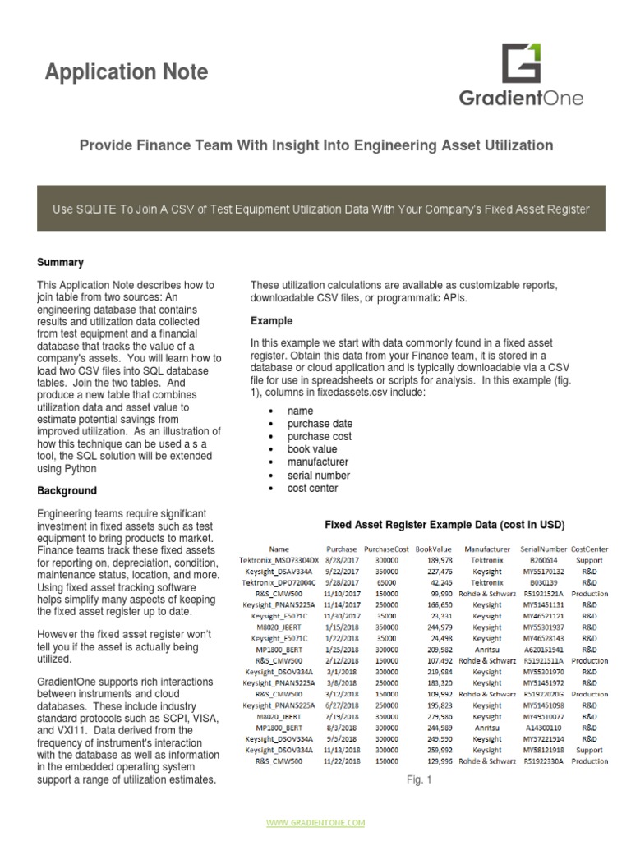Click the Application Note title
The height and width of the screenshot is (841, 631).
pyautogui.click(x=127, y=72)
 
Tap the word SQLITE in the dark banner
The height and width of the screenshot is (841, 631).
pyautogui.click(x=99, y=209)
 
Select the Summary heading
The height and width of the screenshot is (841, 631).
pyautogui.click(x=60, y=263)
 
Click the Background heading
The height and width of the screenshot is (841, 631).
pyautogui.click(x=67, y=491)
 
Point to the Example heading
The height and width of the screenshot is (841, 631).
pyautogui.click(x=271, y=320)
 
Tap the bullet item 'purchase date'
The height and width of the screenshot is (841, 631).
pyautogui.click(x=319, y=424)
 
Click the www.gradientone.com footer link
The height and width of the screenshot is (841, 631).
pyautogui.click(x=315, y=822)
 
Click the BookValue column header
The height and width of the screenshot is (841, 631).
pyautogui.click(x=434, y=549)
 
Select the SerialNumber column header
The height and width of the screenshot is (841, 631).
pyautogui.click(x=543, y=549)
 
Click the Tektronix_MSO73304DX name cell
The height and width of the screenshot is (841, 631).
pyautogui.click(x=279, y=560)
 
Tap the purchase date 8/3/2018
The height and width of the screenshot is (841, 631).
pyautogui.click(x=341, y=727)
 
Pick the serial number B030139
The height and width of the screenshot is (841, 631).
pyautogui.click(x=543, y=582)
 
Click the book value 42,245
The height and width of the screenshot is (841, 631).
pyautogui.click(x=437, y=582)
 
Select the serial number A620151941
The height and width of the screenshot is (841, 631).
pyautogui.click(x=543, y=649)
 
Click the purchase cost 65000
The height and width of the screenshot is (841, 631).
pyautogui.click(x=386, y=582)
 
